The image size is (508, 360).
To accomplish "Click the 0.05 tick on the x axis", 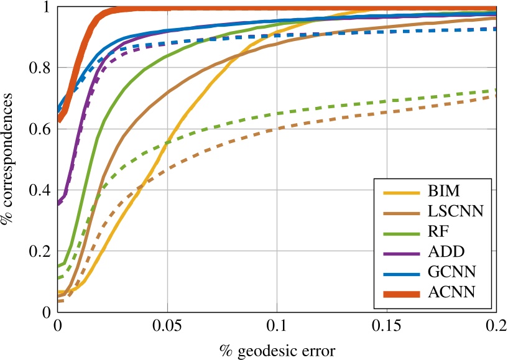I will point(167,325).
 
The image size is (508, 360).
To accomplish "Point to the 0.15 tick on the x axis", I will point(387,325).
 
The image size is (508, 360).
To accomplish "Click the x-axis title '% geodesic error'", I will point(277,350).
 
